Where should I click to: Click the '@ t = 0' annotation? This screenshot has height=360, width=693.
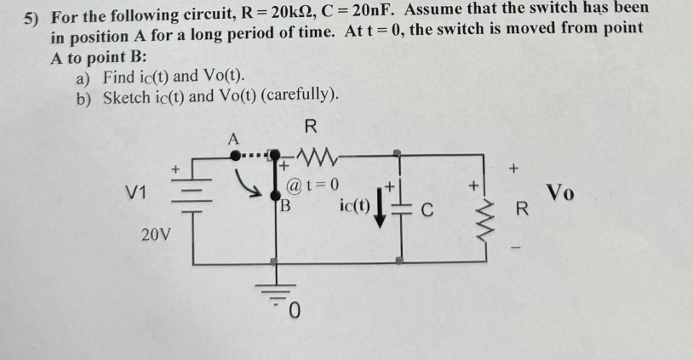[313, 185]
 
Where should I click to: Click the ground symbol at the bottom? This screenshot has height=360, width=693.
[274, 294]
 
